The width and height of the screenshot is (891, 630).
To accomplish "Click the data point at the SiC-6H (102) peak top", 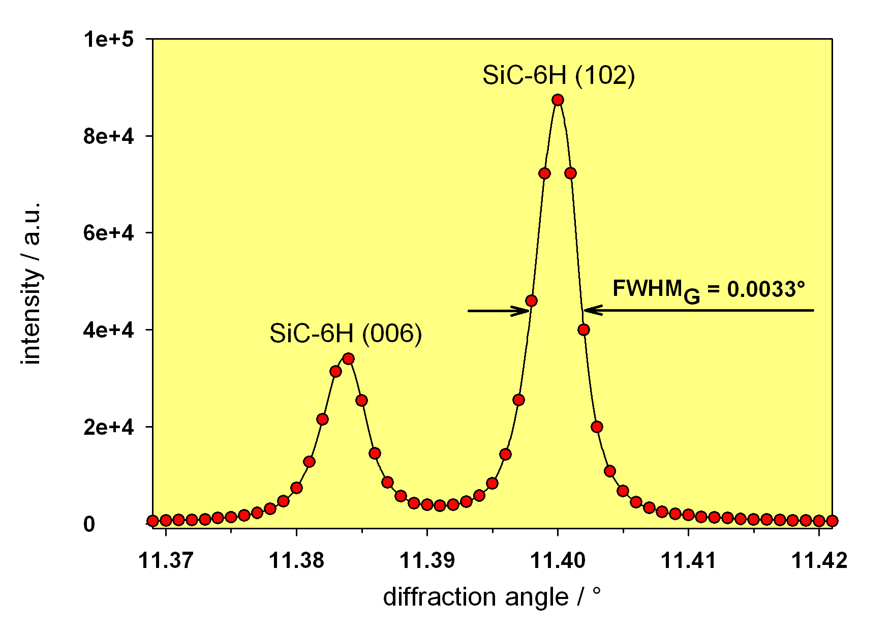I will tap(558, 100).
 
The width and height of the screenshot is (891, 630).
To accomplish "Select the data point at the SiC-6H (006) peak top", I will tap(348, 359).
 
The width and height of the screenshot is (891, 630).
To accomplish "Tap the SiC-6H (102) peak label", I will tap(558, 76).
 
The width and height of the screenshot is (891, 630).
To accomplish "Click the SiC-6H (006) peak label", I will tap(346, 334).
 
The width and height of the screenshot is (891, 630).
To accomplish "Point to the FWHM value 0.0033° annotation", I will tap(709, 290).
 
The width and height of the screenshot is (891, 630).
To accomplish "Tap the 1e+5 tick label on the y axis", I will tap(108, 39).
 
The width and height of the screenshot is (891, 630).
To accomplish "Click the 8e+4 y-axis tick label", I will tap(108, 136).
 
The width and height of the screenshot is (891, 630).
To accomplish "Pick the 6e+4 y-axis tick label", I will tap(108, 233).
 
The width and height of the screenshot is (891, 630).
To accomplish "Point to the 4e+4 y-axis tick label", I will tap(108, 331).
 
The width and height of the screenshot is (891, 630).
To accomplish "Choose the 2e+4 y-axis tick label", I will tap(108, 428).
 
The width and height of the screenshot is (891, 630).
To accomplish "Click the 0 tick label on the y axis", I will tap(89, 524).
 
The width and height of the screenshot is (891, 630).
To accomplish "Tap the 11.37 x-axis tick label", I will tap(166, 560).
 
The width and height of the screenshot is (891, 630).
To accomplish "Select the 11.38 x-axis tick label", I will tap(296, 560).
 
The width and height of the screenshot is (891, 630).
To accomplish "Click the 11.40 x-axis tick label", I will tap(558, 560).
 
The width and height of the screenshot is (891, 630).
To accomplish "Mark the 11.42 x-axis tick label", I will tap(819, 560).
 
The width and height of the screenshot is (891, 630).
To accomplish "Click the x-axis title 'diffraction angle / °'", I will tap(491, 597).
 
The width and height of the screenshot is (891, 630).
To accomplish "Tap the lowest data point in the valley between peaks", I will tap(440, 505).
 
